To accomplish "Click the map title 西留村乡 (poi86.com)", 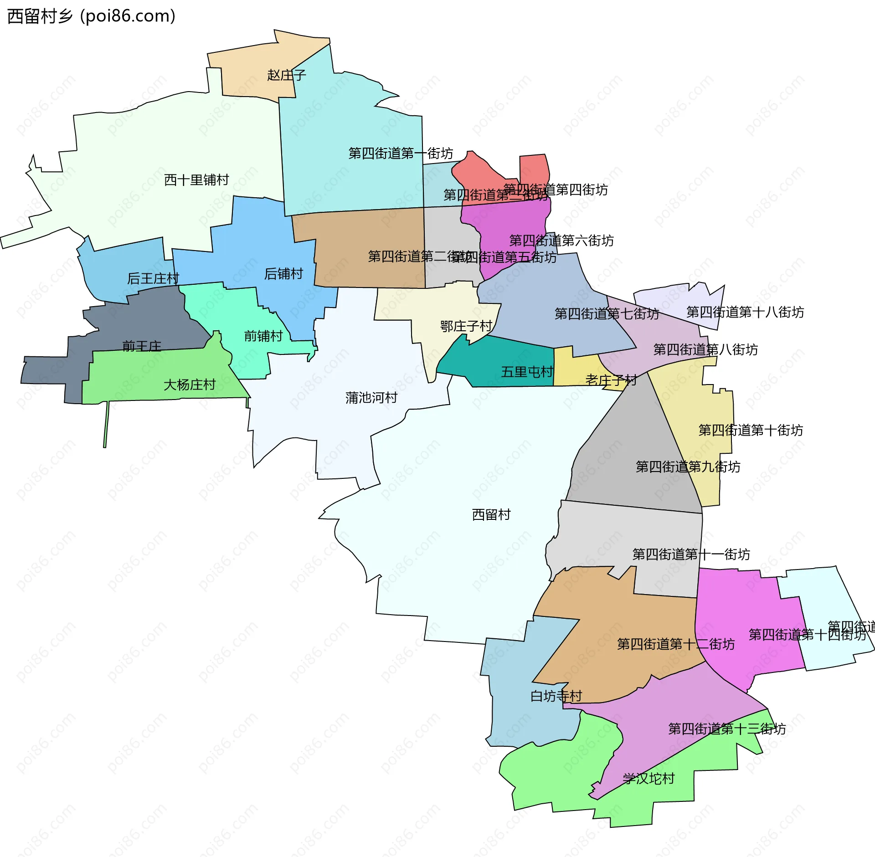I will pos(91,16).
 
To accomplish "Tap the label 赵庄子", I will pos(286,75).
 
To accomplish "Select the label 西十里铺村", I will pos(196,180).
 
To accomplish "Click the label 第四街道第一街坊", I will pos(401,153).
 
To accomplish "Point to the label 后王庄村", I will pos(153,278).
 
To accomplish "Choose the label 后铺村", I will pos(283,274).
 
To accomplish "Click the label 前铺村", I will pos(263,336).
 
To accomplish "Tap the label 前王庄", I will pos(142,346).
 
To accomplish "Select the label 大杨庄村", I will pos(190,385).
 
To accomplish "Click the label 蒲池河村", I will pos(371,398).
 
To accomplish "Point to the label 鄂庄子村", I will pos(466,326).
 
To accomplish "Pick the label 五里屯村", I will pos(527,372).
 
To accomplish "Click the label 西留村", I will pos(491,515).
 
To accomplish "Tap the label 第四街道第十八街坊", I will pos(745,312).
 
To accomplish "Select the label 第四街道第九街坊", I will pos(688,467).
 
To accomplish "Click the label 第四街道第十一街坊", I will pos(691,554).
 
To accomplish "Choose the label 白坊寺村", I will pos(556,696).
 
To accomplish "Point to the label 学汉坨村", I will pos(649,779).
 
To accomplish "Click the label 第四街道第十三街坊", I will pos(727,729).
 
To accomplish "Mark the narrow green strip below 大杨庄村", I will pos(106,426).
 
